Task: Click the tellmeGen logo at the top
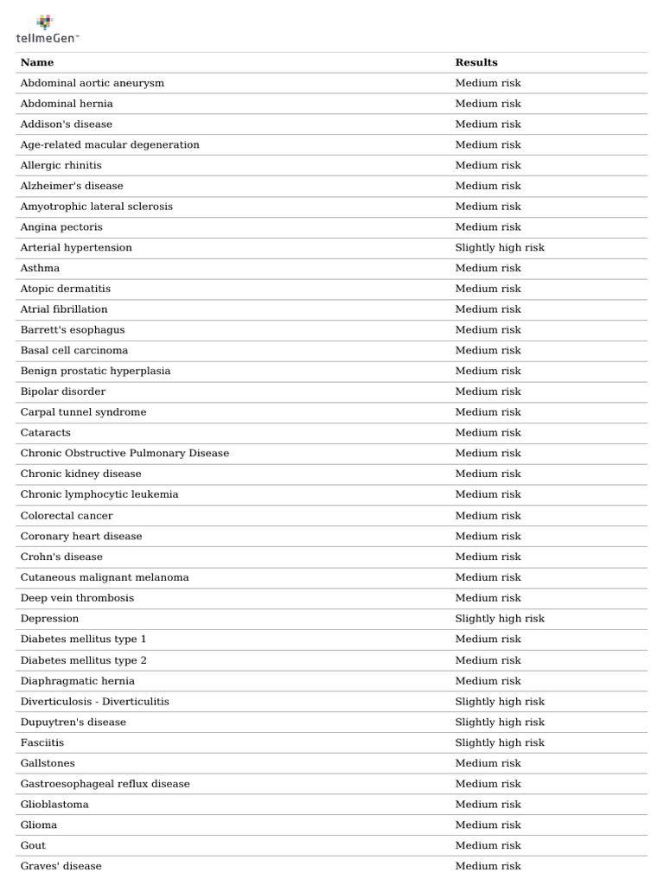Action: [x=48, y=29]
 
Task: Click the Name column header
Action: [x=37, y=62]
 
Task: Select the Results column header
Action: [x=476, y=62]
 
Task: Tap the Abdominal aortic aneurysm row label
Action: [x=93, y=83]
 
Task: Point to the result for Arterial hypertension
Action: [x=500, y=248]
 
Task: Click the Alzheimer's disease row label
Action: [x=72, y=186]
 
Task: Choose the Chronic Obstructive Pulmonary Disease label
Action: [x=124, y=454]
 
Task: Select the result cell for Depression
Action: [x=500, y=619]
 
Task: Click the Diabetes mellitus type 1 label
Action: [x=84, y=640]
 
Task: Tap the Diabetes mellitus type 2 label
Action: [x=84, y=660]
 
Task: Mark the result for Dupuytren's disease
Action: [x=500, y=723]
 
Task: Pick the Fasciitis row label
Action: [x=42, y=743]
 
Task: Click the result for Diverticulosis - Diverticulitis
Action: [x=500, y=702]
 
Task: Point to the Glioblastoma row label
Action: [x=54, y=805]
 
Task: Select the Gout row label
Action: [x=33, y=846]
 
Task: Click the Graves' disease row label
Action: [x=61, y=866]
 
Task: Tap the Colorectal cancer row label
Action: [x=67, y=516]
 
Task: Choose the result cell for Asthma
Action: [x=488, y=269]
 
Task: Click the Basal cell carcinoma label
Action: [x=74, y=351]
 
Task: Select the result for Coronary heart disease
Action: [x=488, y=537]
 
